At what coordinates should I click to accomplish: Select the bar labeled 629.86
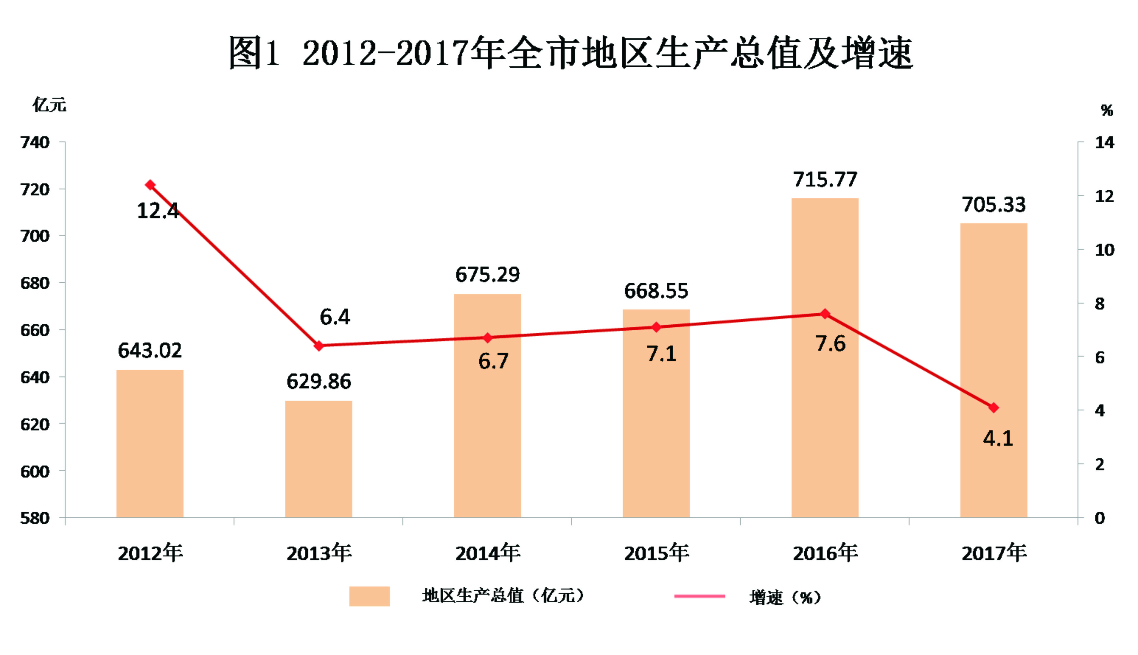click(x=319, y=459)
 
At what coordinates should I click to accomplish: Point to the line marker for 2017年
click(x=994, y=408)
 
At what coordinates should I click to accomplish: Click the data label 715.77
click(x=825, y=180)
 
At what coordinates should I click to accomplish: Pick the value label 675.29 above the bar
click(x=487, y=274)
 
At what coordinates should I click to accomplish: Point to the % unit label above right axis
click(x=1107, y=110)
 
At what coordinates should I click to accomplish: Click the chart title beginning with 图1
click(x=571, y=53)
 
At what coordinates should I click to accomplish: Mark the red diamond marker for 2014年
click(x=487, y=338)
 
